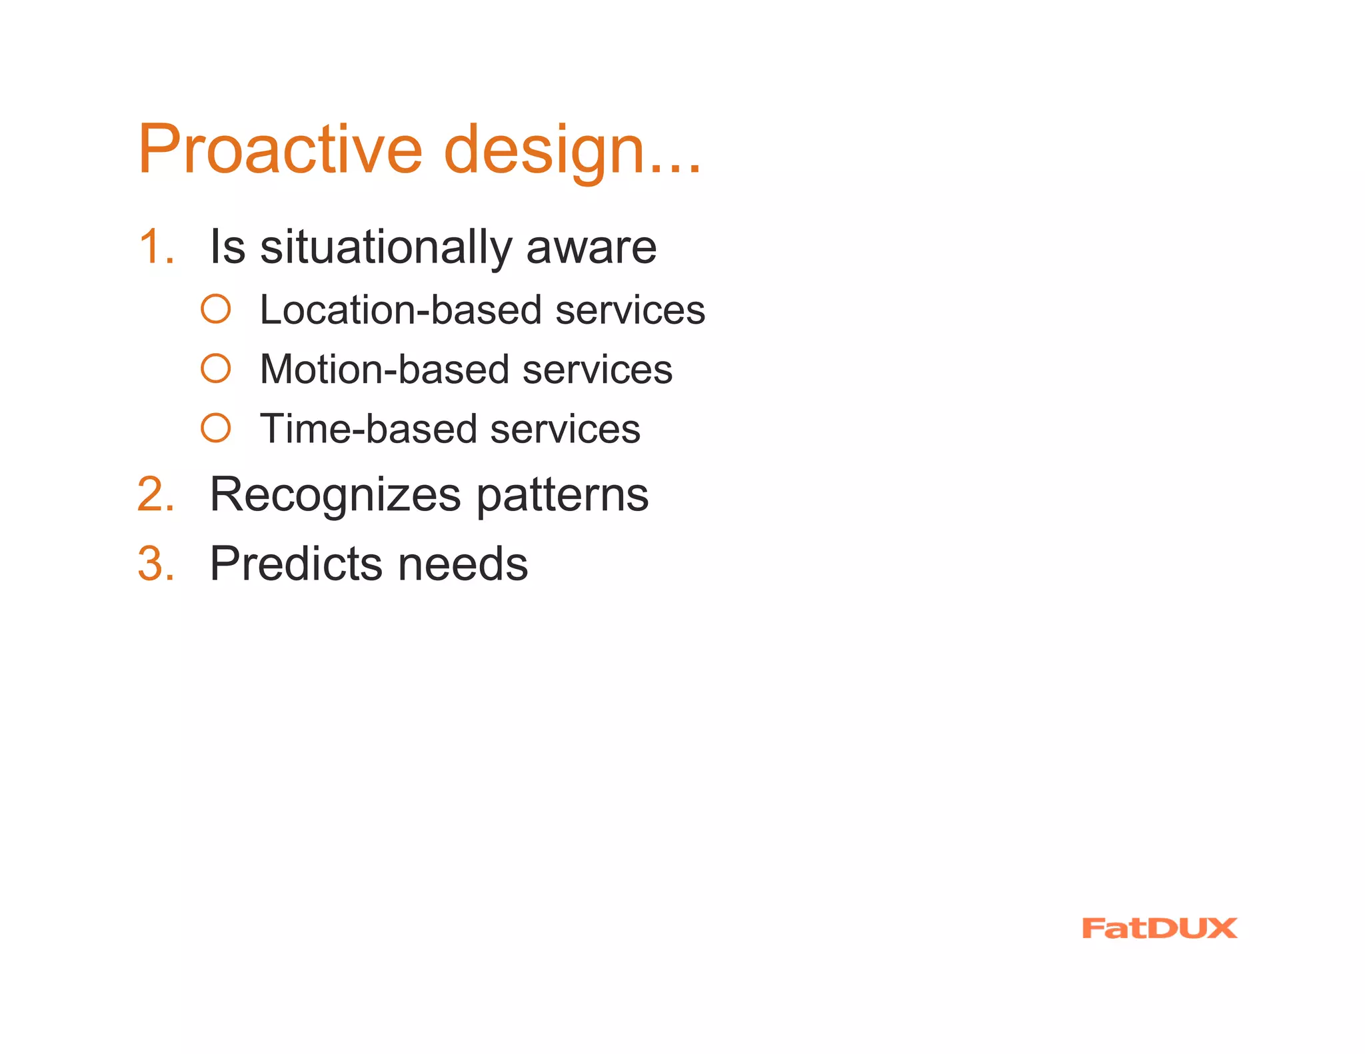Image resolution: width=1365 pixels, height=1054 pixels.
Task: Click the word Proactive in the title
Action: click(280, 149)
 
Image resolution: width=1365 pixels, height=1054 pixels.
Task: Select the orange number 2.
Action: click(155, 494)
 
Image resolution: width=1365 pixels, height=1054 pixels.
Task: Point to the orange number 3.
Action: click(155, 564)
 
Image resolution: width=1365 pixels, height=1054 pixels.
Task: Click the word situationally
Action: click(385, 248)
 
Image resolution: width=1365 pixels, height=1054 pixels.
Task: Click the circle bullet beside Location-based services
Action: click(216, 309)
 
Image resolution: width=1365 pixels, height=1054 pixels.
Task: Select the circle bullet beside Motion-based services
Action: click(216, 368)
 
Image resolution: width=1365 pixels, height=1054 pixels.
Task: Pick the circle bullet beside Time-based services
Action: click(216, 428)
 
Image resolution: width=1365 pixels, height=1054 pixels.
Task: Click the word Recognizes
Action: click(335, 496)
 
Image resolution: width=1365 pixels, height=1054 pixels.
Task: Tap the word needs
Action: click(463, 565)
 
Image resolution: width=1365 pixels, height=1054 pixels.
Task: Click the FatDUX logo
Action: click(1159, 928)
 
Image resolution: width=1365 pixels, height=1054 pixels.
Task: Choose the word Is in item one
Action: click(227, 247)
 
